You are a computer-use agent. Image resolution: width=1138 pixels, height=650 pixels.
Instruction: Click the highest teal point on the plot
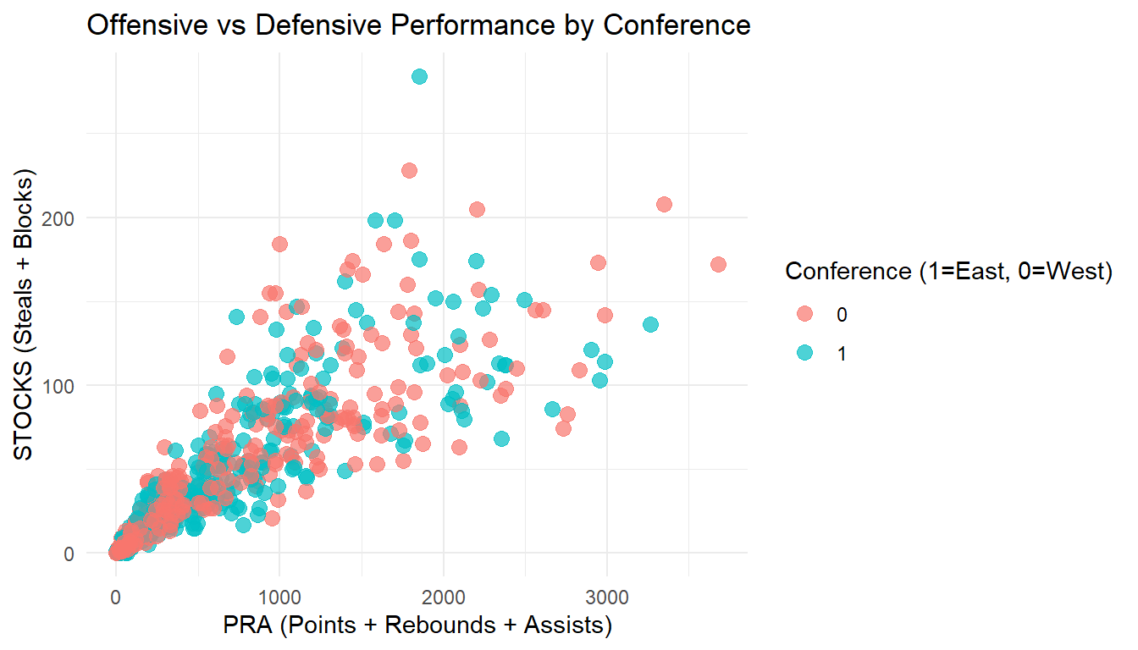pos(419,77)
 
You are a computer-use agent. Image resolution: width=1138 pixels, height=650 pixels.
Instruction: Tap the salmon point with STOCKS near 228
pos(409,171)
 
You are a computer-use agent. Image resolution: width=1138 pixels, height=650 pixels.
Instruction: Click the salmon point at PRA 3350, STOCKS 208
pos(664,205)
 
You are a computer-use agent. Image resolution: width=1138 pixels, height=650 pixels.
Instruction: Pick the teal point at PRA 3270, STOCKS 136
pos(650,325)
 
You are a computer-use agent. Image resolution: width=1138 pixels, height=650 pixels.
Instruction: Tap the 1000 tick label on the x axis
pos(279,598)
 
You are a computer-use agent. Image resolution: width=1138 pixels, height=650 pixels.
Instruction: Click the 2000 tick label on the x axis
pos(444,598)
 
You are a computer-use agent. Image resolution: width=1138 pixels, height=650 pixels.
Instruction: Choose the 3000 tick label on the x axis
pos(607,598)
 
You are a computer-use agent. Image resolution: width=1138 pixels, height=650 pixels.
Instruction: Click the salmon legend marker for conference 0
pos(804,314)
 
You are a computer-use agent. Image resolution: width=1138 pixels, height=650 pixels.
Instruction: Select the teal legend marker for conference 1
pos(804,353)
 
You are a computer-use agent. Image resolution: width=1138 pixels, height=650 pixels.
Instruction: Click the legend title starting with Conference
pos(948,272)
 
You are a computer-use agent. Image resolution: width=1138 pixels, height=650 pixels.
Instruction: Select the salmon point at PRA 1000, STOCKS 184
pos(279,245)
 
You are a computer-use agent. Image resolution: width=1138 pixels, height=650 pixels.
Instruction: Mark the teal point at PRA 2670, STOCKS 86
pos(552,410)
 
